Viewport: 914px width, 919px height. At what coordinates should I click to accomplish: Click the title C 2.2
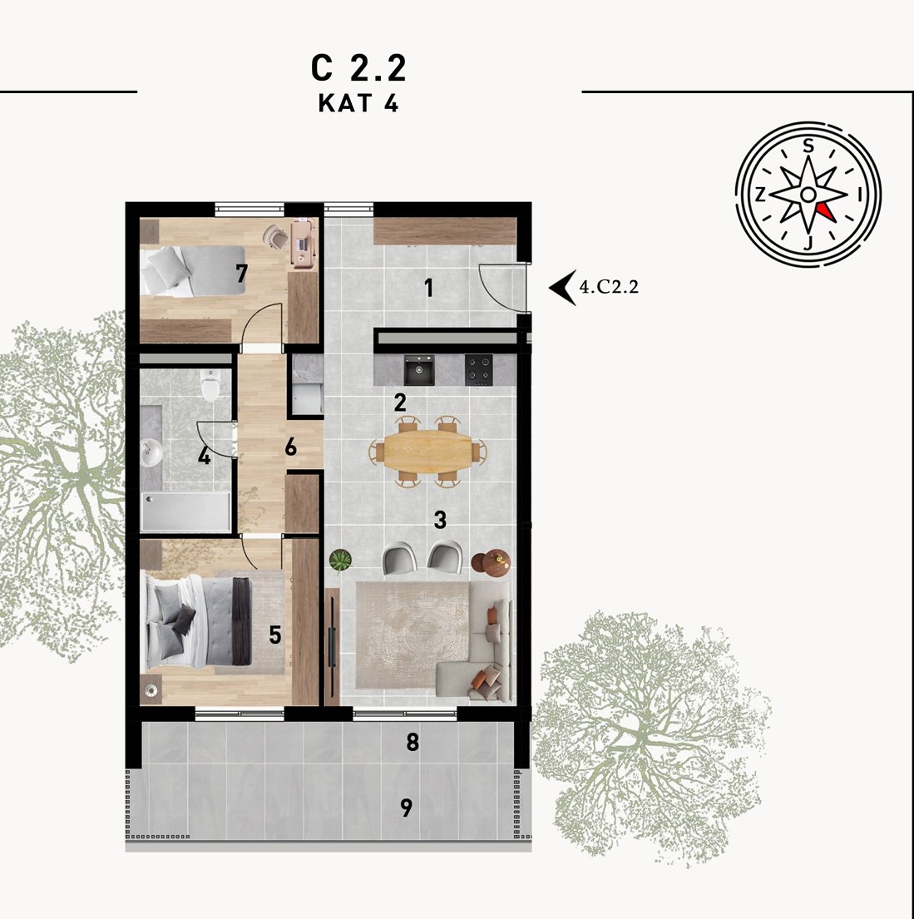coord(358,68)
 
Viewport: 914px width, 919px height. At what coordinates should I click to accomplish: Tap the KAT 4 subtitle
coord(358,103)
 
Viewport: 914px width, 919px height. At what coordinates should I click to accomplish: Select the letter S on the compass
coord(808,146)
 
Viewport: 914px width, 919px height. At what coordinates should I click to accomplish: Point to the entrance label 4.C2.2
coord(609,287)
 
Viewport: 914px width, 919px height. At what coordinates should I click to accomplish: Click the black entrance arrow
coord(562,288)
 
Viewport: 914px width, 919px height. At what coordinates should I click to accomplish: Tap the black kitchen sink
coord(419,370)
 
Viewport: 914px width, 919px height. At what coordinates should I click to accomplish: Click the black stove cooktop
coord(479,370)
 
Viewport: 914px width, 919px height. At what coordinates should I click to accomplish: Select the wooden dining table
coord(427,450)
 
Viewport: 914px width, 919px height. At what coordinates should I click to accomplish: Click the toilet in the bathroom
coord(210,384)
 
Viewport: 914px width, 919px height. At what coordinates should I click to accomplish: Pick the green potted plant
coord(340,561)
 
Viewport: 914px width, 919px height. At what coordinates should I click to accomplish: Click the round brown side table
coord(492,561)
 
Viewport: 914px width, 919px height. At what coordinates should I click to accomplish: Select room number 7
coord(241,273)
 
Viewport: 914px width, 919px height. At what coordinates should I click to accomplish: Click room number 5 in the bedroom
coord(275,635)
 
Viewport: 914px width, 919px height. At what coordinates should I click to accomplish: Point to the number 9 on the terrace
coord(407,808)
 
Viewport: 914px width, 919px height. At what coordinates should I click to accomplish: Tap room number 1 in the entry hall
coord(428,288)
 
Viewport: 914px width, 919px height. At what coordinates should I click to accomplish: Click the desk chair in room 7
coord(275,235)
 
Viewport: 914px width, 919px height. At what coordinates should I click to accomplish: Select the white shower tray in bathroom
coord(185,511)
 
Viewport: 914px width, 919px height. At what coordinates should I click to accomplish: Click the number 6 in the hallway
coord(291,447)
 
